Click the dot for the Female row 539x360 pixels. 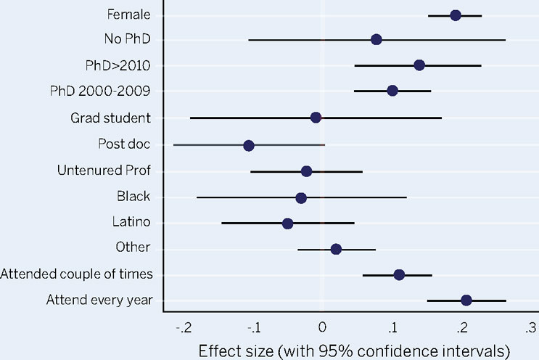pyautogui.click(x=456, y=15)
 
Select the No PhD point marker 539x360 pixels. pyautogui.click(x=376, y=39)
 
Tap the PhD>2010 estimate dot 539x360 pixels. pyautogui.click(x=419, y=65)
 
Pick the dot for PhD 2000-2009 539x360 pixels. pyautogui.click(x=392, y=91)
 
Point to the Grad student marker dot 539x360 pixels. pyautogui.click(x=316, y=118)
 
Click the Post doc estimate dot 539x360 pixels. pyautogui.click(x=249, y=145)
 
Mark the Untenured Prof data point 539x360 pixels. pyautogui.click(x=306, y=171)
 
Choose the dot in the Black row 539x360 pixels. pyautogui.click(x=301, y=197)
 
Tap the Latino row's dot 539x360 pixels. pyautogui.click(x=287, y=224)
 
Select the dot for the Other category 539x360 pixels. pyautogui.click(x=336, y=249)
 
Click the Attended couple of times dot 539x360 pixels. pyautogui.click(x=399, y=275)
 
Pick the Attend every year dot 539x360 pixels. pyautogui.click(x=466, y=300)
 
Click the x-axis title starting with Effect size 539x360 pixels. pyautogui.click(x=354, y=350)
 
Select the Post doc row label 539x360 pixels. pyautogui.click(x=124, y=144)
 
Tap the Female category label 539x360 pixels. pyautogui.click(x=128, y=14)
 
